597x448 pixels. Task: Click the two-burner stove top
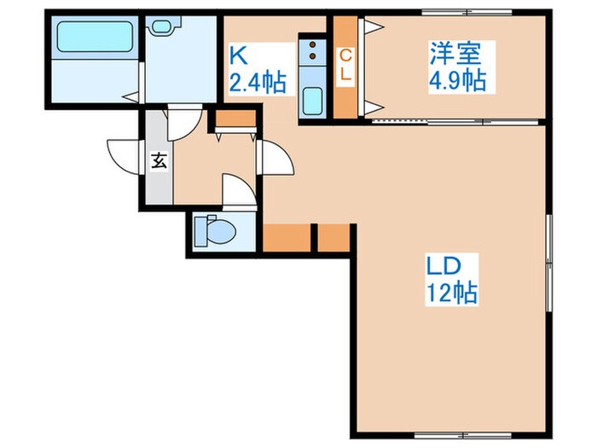pyautogui.click(x=311, y=54)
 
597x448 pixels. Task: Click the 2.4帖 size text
pyautogui.click(x=256, y=84)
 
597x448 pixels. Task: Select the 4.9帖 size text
pyautogui.click(x=457, y=82)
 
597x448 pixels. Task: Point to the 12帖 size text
pyautogui.click(x=452, y=294)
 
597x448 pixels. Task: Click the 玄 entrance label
pyautogui.click(x=159, y=160)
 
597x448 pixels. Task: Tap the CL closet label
pyautogui.click(x=345, y=65)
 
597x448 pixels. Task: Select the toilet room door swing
pyautogui.click(x=236, y=189)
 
